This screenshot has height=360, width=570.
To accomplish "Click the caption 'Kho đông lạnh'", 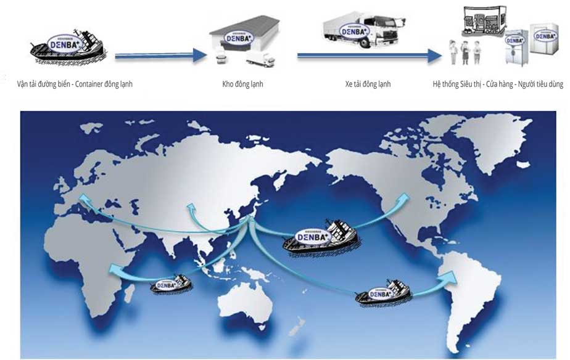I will click(x=242, y=84).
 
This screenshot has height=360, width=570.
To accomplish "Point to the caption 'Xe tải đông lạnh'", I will click(x=368, y=84).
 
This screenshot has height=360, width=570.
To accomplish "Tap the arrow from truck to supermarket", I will click(x=370, y=56).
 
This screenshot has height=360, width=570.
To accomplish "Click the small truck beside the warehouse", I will click(x=260, y=59).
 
